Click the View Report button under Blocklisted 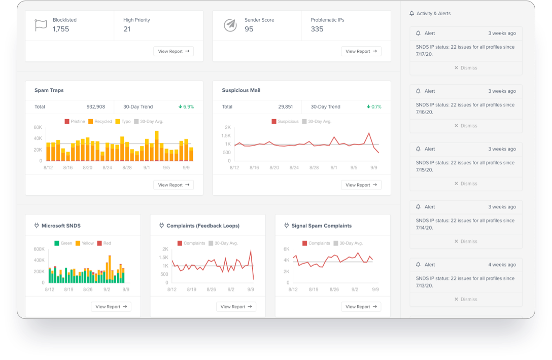(x=174, y=51)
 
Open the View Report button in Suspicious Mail (x=361, y=185)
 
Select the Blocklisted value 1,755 (x=61, y=29)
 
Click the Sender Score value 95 (x=249, y=29)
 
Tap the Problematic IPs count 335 (x=317, y=29)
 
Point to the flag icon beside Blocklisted (x=41, y=25)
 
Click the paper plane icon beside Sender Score (x=230, y=25)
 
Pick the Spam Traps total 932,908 (x=96, y=107)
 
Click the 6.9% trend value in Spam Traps (x=186, y=107)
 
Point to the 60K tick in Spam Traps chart (x=38, y=127)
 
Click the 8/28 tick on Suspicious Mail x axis (x=314, y=167)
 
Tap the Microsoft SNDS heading (x=61, y=226)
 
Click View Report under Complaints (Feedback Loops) (x=236, y=307)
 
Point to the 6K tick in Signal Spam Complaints (x=286, y=249)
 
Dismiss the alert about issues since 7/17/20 (x=466, y=68)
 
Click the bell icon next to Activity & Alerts (x=411, y=14)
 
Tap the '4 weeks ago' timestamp (x=502, y=265)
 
